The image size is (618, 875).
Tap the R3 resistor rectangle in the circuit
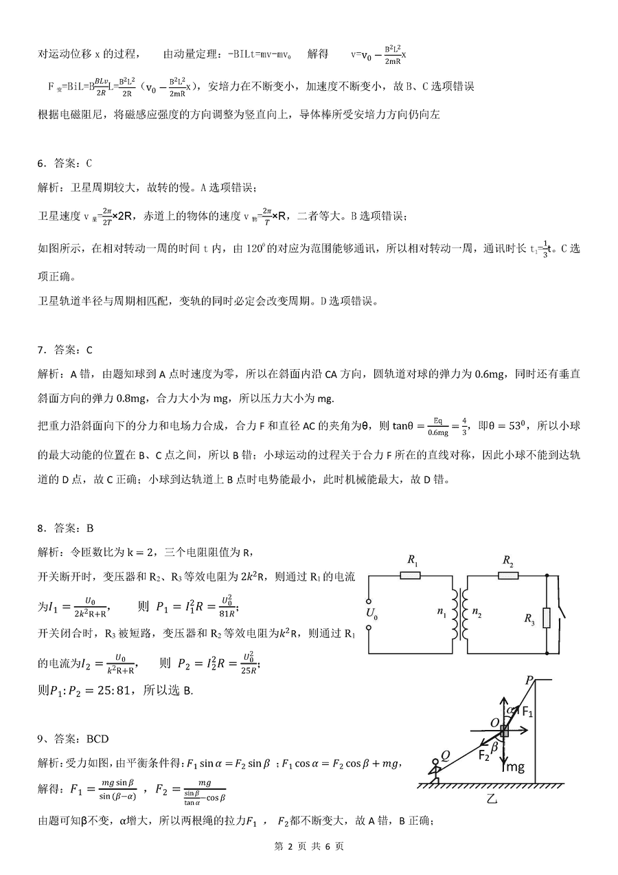(x=547, y=617)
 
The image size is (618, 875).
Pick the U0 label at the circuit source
(x=371, y=613)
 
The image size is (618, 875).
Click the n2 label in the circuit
(x=474, y=613)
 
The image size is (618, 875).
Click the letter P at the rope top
(x=529, y=680)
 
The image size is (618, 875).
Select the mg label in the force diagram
(x=515, y=767)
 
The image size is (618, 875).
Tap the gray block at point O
(x=505, y=731)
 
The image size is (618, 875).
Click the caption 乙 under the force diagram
(x=491, y=798)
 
